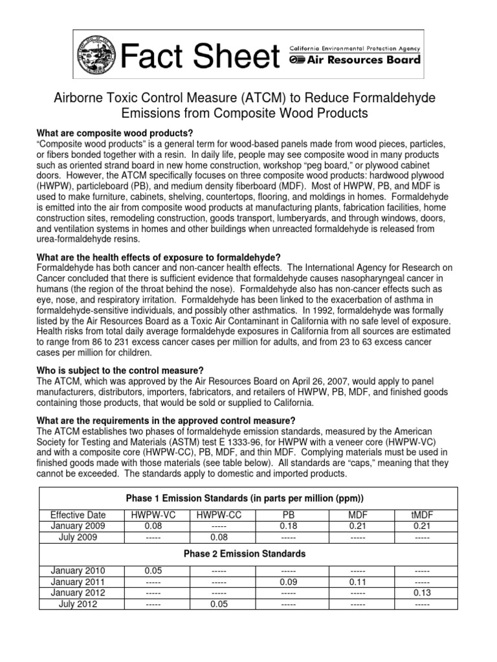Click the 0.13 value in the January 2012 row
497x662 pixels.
pyautogui.click(x=421, y=593)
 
